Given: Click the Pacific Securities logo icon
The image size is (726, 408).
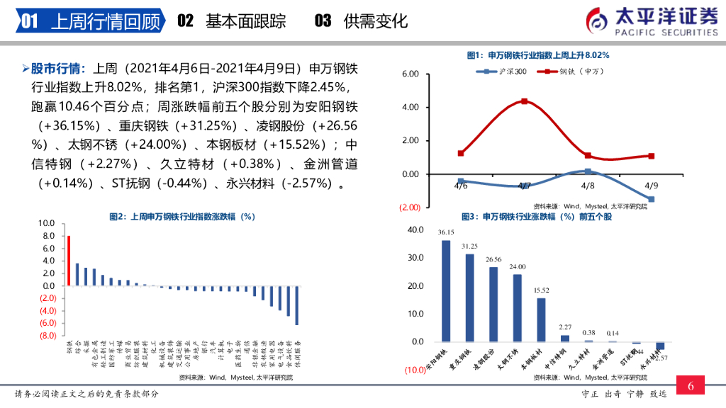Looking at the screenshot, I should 597,20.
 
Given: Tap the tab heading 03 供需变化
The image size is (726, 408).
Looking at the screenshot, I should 361,21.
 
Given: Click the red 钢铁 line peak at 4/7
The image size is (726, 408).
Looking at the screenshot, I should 524,101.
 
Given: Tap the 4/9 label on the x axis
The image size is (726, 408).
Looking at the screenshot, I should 651,186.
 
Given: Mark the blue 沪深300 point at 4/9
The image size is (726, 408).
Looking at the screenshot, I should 651,200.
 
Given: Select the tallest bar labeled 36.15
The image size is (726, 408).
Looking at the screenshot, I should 446,291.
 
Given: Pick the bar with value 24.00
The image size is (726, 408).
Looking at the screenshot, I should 517,308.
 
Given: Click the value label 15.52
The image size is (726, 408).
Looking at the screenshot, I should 541,290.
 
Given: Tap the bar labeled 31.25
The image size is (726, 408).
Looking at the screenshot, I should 469,297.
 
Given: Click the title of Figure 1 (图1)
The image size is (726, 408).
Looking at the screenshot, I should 538,55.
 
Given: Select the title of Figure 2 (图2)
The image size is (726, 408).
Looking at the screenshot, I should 182,217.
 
